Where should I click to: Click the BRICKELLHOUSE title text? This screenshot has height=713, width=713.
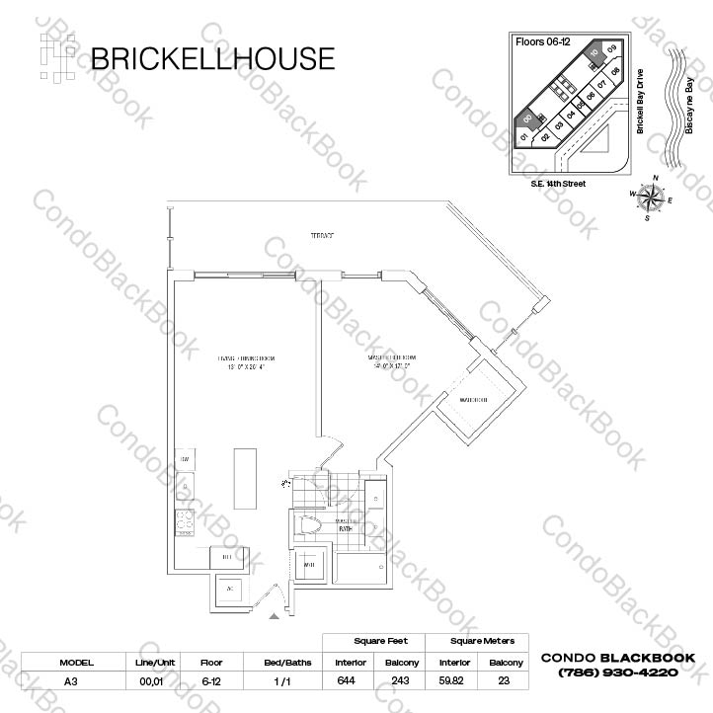click(211, 58)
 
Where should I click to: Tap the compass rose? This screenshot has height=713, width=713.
click(651, 198)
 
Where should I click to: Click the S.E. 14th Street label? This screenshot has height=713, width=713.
click(558, 184)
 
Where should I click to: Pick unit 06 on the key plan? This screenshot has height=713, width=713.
click(590, 96)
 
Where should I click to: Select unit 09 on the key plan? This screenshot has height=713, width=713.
click(612, 49)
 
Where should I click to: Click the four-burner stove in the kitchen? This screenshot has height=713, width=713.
click(186, 522)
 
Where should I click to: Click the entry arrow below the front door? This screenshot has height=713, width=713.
click(274, 617)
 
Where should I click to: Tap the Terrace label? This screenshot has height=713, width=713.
click(321, 236)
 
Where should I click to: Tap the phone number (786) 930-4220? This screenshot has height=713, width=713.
click(618, 673)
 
